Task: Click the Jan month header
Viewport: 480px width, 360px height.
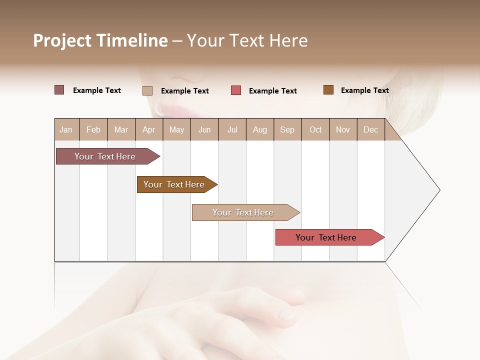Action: pos(66,129)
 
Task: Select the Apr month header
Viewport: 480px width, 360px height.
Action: pos(149,129)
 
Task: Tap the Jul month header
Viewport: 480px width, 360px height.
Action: pos(232,129)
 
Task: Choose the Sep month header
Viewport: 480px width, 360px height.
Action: pos(287,129)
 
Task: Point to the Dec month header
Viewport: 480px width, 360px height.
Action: pos(370,129)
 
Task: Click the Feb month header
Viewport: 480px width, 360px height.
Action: pos(93,129)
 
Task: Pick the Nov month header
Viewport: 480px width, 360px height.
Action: pos(342,129)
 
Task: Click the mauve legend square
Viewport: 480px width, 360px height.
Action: pos(59,90)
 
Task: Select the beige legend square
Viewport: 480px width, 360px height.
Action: pos(147,90)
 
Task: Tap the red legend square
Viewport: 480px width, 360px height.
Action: pos(236,90)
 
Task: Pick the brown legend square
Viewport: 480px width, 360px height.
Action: pos(328,90)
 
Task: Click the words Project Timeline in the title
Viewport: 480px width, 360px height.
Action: pos(100,40)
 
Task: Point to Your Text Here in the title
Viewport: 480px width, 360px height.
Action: pos(247,40)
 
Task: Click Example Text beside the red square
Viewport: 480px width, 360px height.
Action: pos(272,91)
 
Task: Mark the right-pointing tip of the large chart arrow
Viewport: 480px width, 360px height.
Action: pos(439,190)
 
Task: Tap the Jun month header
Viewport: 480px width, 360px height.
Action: pos(204,129)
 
